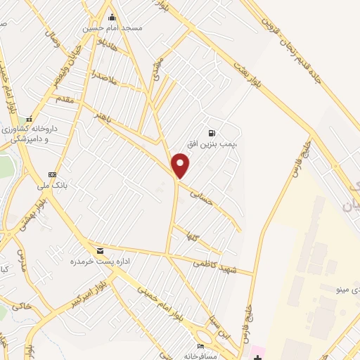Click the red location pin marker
pyautogui.click(x=181, y=166)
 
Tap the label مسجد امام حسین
pyautogui.click(x=112, y=28)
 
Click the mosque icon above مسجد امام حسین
pyautogui.click(x=111, y=17)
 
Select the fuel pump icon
pyautogui.click(x=211, y=133)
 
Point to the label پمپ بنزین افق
pyautogui.click(x=214, y=143)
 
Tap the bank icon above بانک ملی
pyautogui.click(x=51, y=174)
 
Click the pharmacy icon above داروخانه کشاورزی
pyautogui.click(x=29, y=119)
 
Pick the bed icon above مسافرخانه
pyautogui.click(x=202, y=346)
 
